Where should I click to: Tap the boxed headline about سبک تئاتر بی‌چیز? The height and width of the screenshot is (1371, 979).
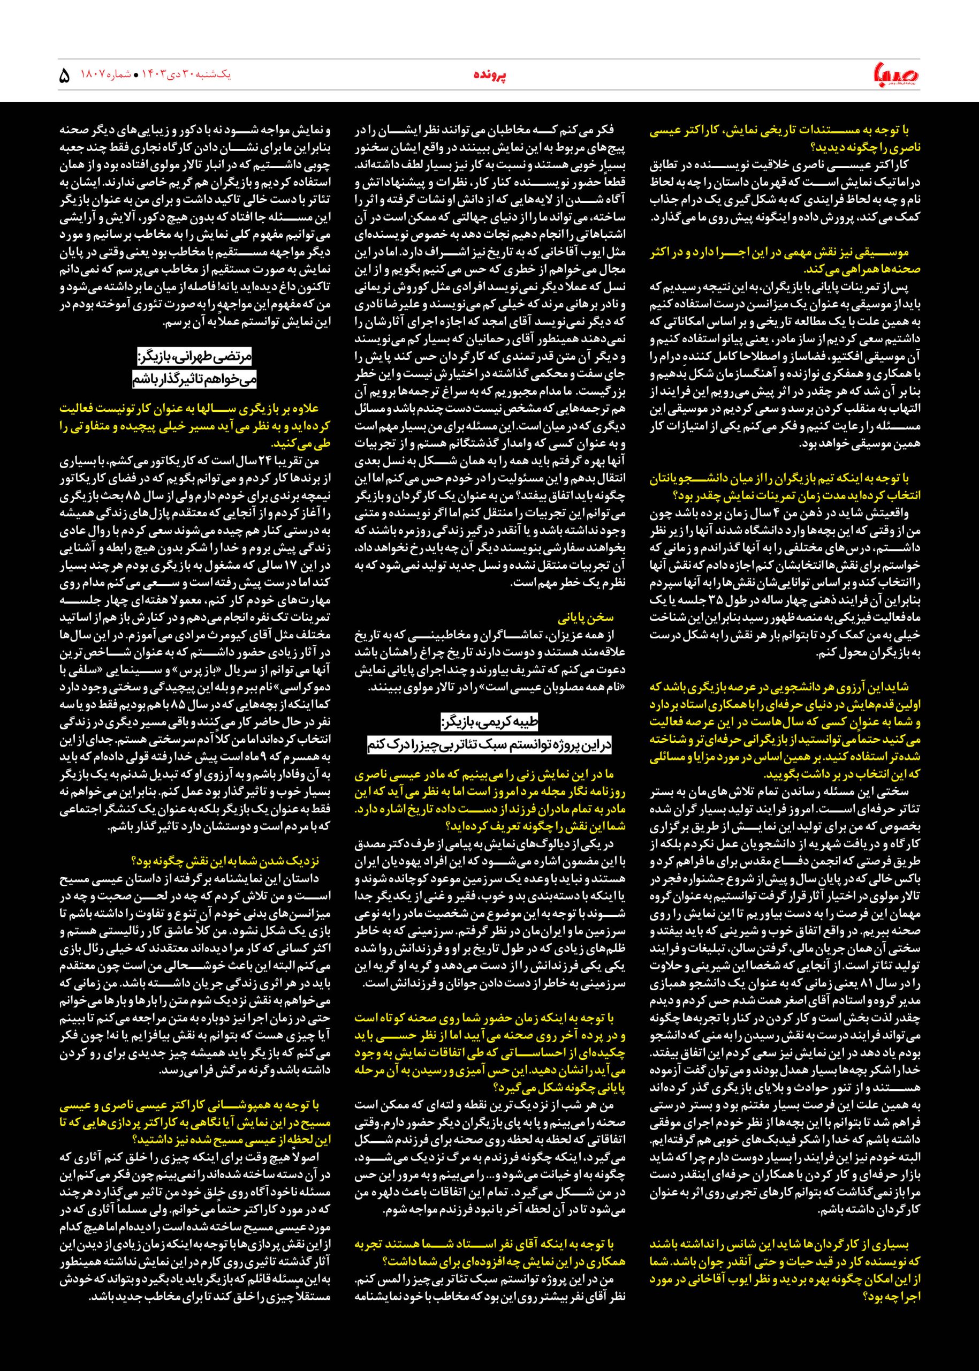click(x=489, y=745)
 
